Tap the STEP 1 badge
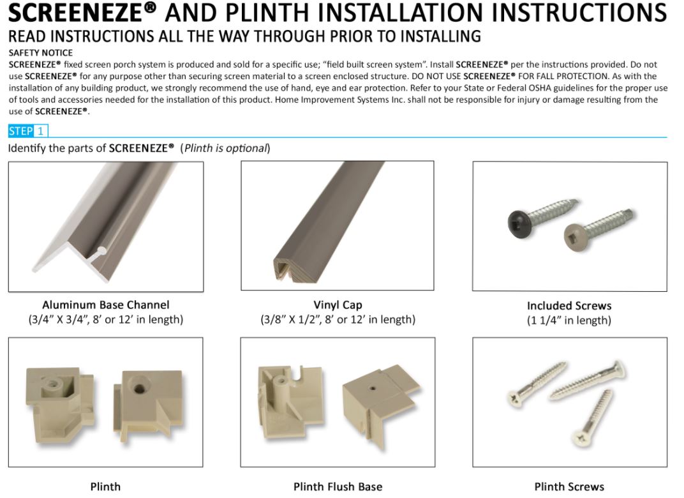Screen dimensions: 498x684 (x=27, y=131)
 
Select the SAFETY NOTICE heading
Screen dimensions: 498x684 (x=41, y=53)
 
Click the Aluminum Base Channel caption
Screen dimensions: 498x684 (x=106, y=305)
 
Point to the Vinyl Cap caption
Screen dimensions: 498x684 (x=338, y=305)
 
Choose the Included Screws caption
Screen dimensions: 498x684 (x=569, y=306)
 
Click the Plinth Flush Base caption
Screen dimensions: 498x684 (x=338, y=487)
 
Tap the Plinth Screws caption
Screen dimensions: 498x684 (x=569, y=487)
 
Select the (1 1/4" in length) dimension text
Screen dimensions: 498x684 (x=569, y=321)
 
